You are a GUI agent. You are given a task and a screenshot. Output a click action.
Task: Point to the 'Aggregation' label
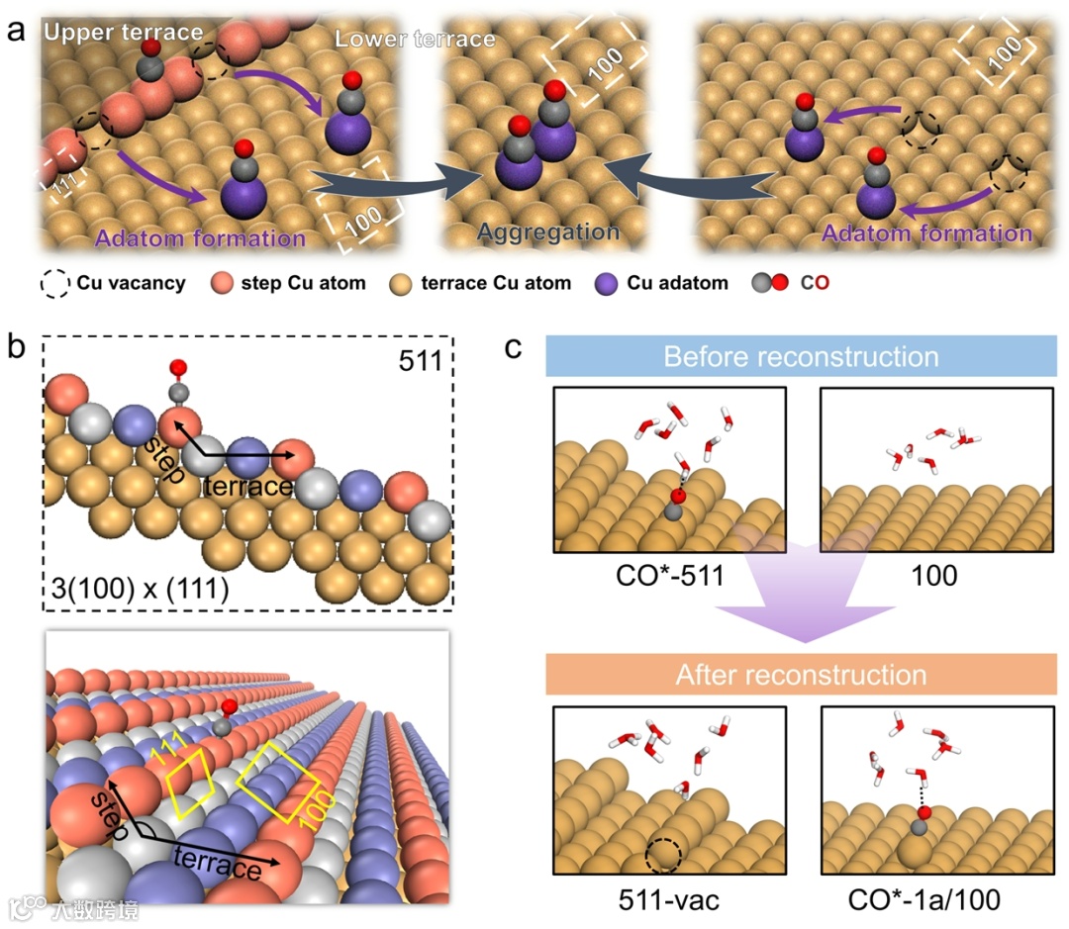point(548,232)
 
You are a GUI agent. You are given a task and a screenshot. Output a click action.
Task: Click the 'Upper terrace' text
point(123,33)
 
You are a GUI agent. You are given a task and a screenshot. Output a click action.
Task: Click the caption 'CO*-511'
point(670,574)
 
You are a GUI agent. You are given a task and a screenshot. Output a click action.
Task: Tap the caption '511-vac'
point(670,899)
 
